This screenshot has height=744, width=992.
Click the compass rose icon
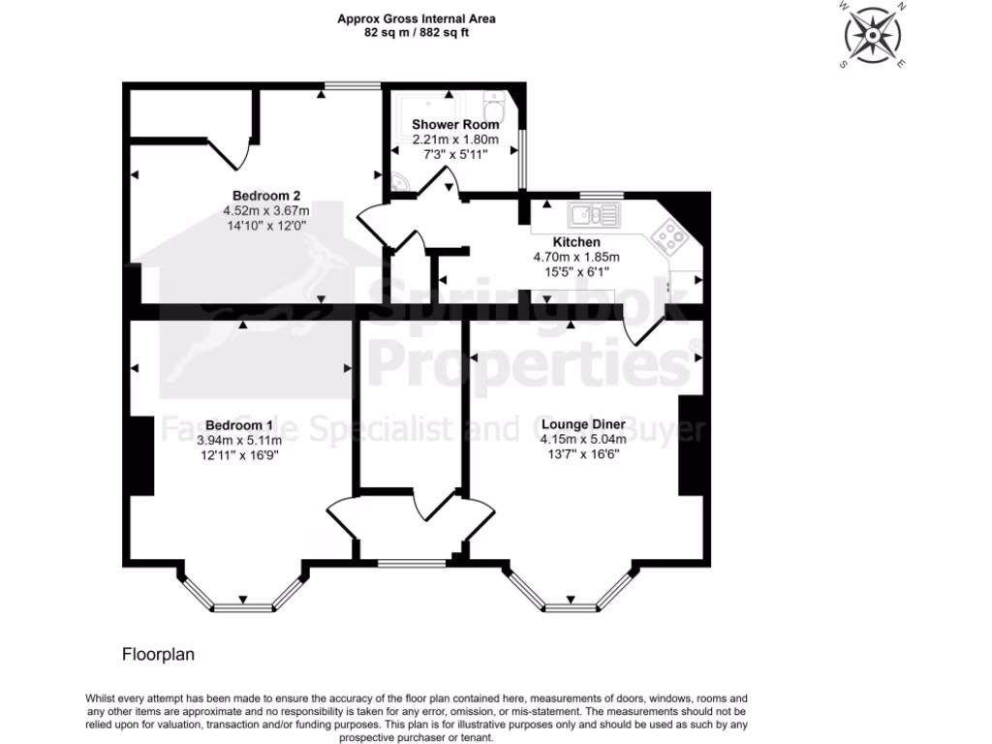tap(874, 35)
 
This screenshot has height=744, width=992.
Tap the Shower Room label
tap(455, 124)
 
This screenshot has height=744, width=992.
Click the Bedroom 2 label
tap(264, 195)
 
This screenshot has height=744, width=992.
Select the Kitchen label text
tap(576, 242)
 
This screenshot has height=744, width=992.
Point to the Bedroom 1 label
tap(238, 425)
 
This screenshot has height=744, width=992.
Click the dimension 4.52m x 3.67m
tap(265, 210)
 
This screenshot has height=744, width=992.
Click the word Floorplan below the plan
tap(158, 654)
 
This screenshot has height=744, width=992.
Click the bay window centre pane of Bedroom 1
tap(242, 607)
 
